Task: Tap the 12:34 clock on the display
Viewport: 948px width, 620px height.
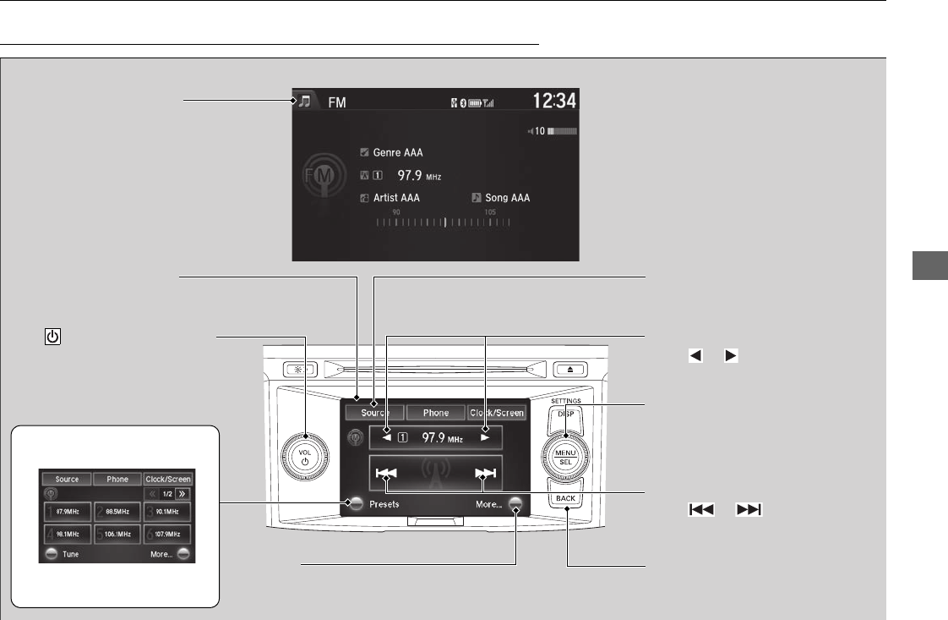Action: coord(555,102)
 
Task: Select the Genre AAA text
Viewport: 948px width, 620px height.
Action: coord(396,153)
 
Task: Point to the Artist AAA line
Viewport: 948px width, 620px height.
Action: coord(395,198)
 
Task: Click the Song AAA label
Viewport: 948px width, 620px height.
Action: coord(507,198)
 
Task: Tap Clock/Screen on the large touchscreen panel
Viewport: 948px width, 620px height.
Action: coord(498,413)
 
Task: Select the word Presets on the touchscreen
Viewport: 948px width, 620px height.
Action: coord(384,504)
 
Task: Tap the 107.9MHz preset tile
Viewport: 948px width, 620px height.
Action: coord(168,535)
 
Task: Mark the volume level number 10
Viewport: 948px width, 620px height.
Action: coord(538,132)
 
